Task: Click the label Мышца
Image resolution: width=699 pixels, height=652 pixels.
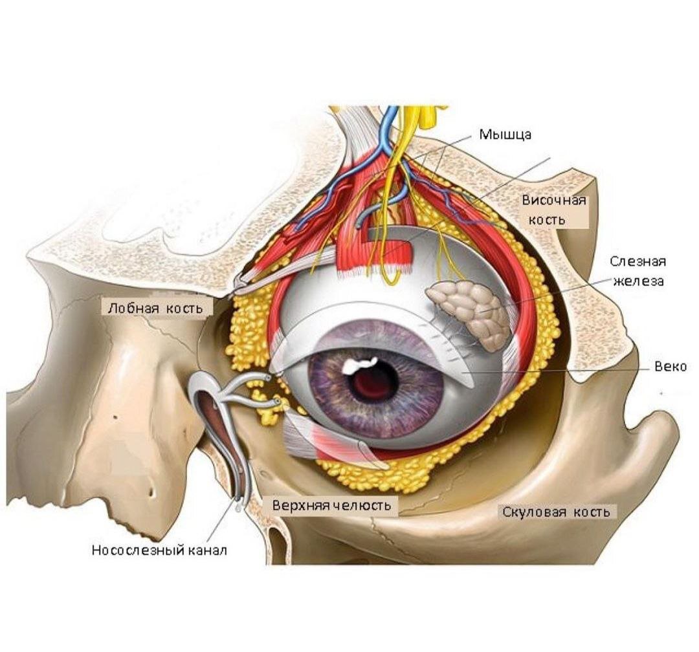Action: [505, 135]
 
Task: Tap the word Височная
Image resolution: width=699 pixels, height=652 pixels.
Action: [553, 200]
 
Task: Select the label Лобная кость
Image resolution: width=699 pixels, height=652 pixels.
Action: [155, 308]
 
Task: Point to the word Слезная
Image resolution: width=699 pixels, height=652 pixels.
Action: [638, 261]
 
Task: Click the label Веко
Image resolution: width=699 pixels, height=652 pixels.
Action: [671, 367]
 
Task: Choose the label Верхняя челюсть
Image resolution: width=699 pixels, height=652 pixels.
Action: [331, 505]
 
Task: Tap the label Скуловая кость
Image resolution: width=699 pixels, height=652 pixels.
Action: [556, 512]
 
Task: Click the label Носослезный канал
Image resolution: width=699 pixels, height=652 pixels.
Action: [159, 550]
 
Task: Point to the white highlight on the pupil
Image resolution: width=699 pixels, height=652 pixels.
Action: [359, 365]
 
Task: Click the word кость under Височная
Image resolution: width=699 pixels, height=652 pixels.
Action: [546, 220]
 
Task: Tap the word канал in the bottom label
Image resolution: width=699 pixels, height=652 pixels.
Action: [208, 550]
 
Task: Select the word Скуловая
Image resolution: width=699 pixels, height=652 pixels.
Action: [533, 512]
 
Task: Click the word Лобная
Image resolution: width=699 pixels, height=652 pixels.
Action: [133, 308]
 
